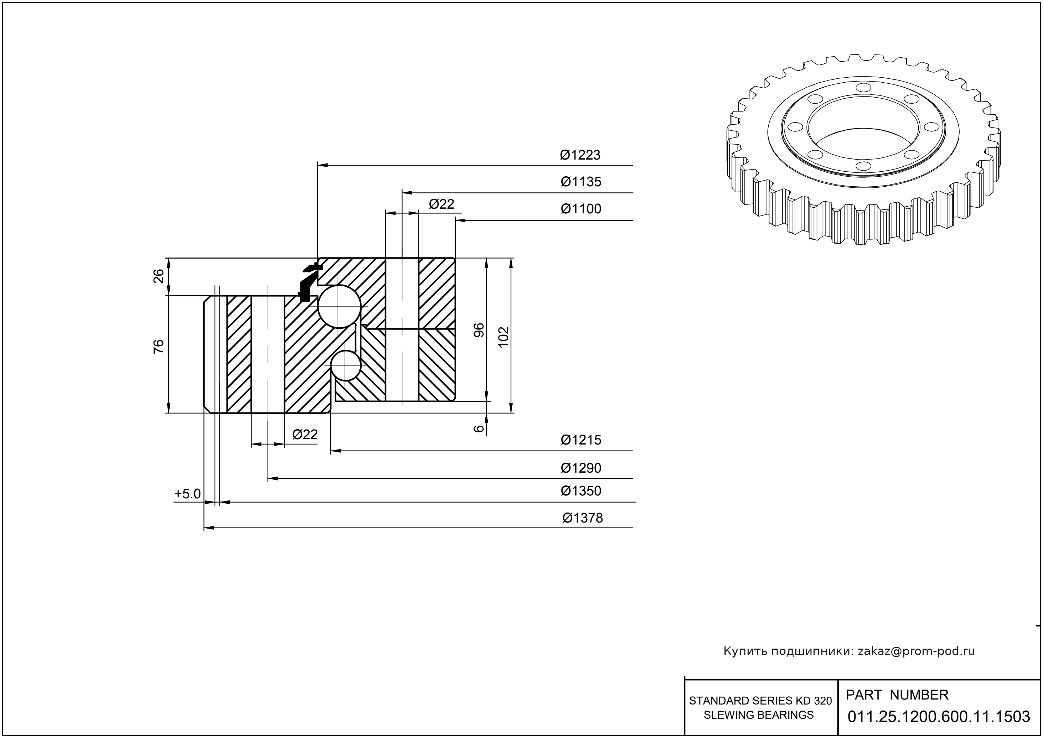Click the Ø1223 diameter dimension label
click(580, 155)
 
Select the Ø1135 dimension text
click(580, 182)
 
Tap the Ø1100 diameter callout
click(580, 209)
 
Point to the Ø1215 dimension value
click(580, 440)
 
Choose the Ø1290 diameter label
click(580, 468)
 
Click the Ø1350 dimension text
click(580, 491)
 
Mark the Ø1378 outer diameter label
click(582, 518)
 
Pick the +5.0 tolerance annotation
click(187, 494)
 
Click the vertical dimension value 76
click(159, 347)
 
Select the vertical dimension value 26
click(159, 276)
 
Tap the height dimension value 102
click(503, 337)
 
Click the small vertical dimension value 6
click(479, 428)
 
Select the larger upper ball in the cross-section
click(339, 306)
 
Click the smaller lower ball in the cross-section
click(346, 366)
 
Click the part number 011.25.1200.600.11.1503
click(939, 717)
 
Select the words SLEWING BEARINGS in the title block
click(758, 715)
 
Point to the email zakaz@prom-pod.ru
click(916, 651)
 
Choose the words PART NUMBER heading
click(897, 695)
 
